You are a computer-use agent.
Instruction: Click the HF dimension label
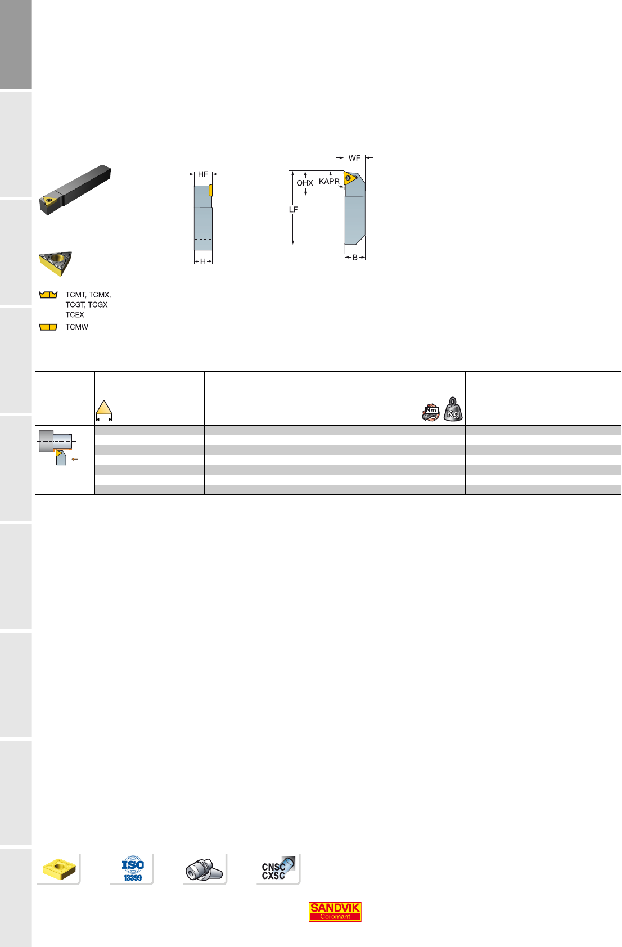click(203, 174)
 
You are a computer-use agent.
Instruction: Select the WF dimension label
click(354, 158)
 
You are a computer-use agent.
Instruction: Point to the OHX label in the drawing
click(305, 183)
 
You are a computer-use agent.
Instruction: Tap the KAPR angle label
click(329, 182)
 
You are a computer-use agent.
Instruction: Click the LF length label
click(294, 209)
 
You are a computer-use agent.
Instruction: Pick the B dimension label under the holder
click(355, 258)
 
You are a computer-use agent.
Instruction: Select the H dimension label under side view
click(203, 261)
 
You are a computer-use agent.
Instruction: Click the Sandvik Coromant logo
click(335, 912)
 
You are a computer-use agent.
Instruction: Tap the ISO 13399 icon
click(133, 869)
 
